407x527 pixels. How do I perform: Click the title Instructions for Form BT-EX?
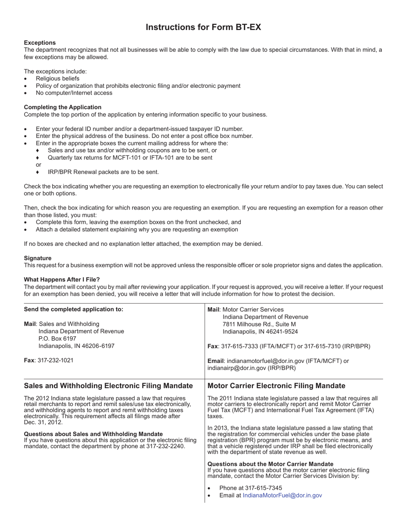pyautogui.click(x=203, y=27)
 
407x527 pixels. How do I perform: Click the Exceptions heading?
pyautogui.click(x=40, y=42)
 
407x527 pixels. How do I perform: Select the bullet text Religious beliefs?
pyautogui.click(x=57, y=78)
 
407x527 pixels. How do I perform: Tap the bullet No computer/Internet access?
pyautogui.click(x=74, y=93)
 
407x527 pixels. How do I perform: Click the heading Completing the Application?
pyautogui.click(x=63, y=107)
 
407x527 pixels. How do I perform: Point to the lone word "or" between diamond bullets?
pyautogui.click(x=39, y=165)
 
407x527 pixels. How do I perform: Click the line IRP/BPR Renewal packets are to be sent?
pyautogui.click(x=103, y=172)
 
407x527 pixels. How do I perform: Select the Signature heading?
pyautogui.click(x=38, y=258)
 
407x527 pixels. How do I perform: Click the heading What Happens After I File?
pyautogui.click(x=62, y=279)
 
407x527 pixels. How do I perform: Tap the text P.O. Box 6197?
pyautogui.click(x=57, y=338)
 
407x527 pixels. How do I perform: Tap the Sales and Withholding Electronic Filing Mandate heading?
pyautogui.click(x=108, y=386)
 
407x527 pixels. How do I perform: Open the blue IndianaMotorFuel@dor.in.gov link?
pyautogui.click(x=282, y=495)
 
